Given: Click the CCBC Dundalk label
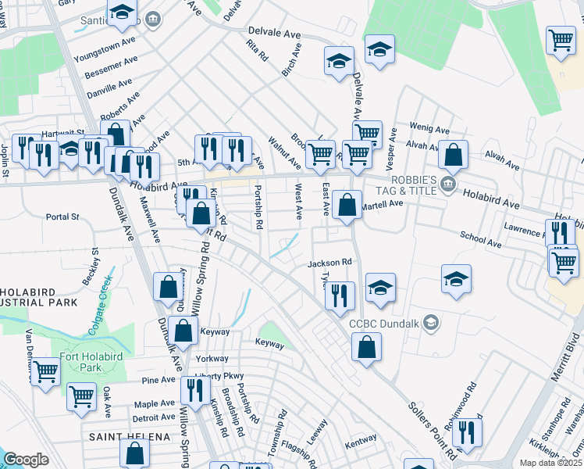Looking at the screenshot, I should point(385,323).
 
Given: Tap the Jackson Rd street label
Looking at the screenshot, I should point(331,263).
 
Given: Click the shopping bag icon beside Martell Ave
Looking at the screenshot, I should point(347,206).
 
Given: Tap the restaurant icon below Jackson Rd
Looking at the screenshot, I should point(340,294).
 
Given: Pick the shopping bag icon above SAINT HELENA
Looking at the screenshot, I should point(135,452).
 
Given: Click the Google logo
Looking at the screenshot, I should point(26,460).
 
